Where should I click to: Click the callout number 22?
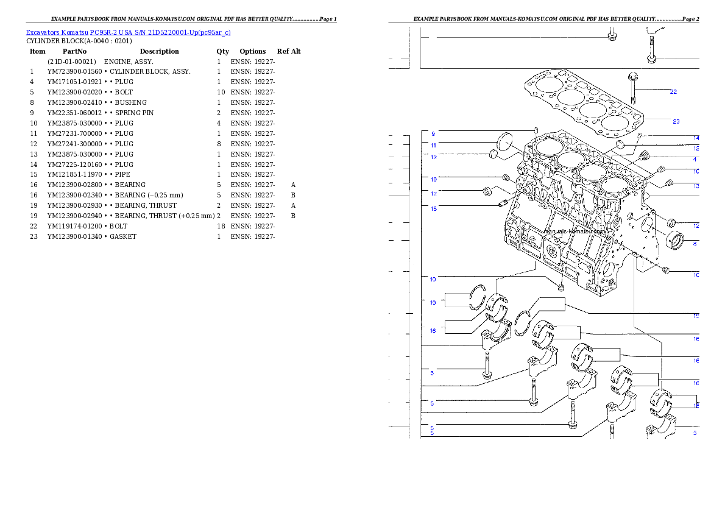(673, 92)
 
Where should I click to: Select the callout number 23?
(676, 121)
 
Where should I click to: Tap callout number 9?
(433, 133)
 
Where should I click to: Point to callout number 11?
(433, 146)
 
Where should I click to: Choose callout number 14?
(696, 138)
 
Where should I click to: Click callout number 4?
(695, 160)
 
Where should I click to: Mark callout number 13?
(696, 186)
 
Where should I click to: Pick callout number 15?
(433, 209)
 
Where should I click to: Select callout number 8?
(695, 244)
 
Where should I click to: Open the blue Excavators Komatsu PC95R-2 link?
(128, 32)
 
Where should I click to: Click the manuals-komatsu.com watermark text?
(575, 232)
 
